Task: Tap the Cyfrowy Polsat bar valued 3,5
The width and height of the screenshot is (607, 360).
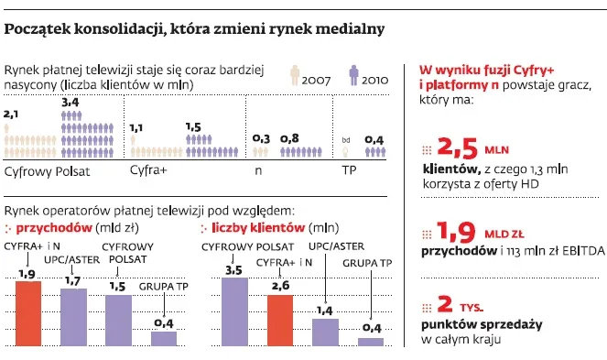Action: coord(235,311)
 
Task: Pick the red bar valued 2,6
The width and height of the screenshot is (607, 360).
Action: coord(279,320)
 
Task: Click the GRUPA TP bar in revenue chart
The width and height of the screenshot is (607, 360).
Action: coord(164,338)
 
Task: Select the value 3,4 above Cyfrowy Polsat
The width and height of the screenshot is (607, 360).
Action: coord(70,105)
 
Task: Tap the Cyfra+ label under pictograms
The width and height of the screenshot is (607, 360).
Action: coord(147,171)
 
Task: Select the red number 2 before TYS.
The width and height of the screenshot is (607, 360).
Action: coord(446,303)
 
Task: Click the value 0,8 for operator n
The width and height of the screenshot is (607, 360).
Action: coord(289,138)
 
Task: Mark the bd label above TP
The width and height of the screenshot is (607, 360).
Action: coord(345,139)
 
